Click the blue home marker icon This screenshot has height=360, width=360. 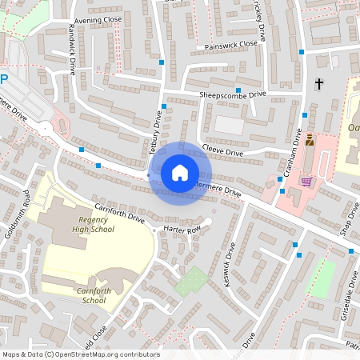coord(179,173)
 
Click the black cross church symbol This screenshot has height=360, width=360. coord(319,83)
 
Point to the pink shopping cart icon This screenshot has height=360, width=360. coord(306,180)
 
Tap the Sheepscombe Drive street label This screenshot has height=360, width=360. coord(232,94)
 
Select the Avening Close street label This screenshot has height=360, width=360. coord(98,19)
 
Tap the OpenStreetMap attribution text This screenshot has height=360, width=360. coord(81,354)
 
